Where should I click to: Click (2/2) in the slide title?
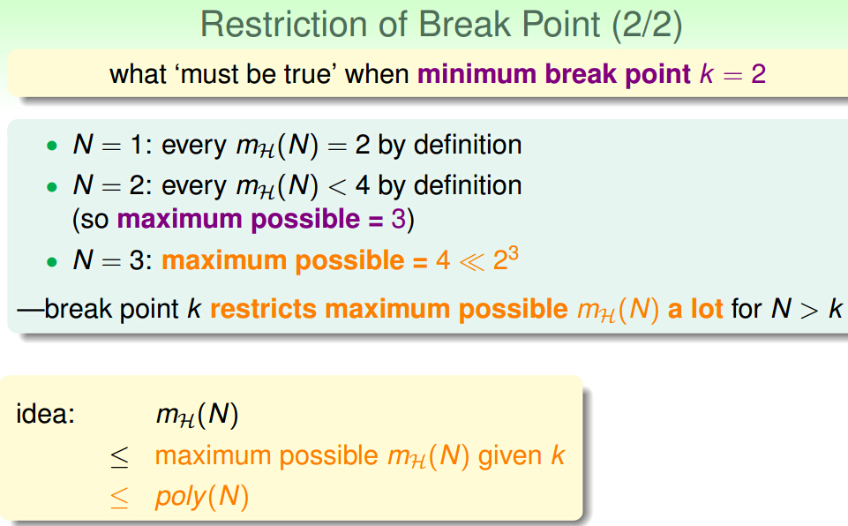pyautogui.click(x=647, y=26)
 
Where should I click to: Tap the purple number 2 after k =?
pyautogui.click(x=758, y=74)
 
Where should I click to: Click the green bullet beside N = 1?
pyautogui.click(x=52, y=146)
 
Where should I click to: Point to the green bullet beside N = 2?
pyautogui.click(x=52, y=187)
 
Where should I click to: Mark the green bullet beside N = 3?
pyautogui.click(x=52, y=262)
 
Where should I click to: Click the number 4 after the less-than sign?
pyautogui.click(x=363, y=185)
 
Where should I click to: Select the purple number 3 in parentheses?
pyautogui.click(x=399, y=219)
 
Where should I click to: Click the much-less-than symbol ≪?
pyautogui.click(x=471, y=261)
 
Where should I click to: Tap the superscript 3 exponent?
pyautogui.click(x=514, y=253)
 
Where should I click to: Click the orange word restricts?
pyautogui.click(x=263, y=309)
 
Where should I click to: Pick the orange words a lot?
pyautogui.click(x=695, y=309)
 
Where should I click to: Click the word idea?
pyautogui.click(x=45, y=414)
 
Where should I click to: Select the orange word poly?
pyautogui.click(x=181, y=497)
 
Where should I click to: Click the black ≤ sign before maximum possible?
pyautogui.click(x=119, y=457)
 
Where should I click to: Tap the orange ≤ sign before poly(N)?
pyautogui.click(x=119, y=498)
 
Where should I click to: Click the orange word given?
pyautogui.click(x=510, y=456)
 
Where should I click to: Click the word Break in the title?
pyautogui.click(x=464, y=25)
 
